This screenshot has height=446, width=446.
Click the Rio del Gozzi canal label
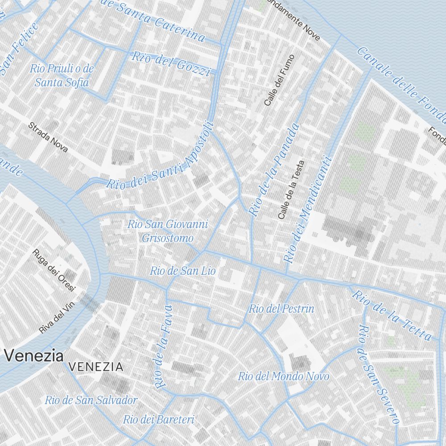[x=171, y=63]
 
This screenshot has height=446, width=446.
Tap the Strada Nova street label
[x=48, y=137]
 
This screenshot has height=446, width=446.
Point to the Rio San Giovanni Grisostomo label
[x=168, y=231]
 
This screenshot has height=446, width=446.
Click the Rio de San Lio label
[x=182, y=270]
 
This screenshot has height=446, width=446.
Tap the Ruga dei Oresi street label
[x=54, y=270]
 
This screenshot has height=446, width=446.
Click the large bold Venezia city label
[x=33, y=356]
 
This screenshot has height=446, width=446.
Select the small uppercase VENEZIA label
[x=96, y=367]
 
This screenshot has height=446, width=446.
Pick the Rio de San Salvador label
[x=91, y=400]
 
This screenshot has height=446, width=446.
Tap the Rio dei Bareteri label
[x=159, y=419]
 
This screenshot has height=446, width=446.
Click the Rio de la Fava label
[x=162, y=346]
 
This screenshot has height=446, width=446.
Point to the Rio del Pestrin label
[x=281, y=309]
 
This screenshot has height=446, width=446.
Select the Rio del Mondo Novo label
[x=283, y=376]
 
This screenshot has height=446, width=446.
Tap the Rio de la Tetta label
[x=392, y=315]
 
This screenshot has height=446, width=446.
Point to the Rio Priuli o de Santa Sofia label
[x=62, y=75]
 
